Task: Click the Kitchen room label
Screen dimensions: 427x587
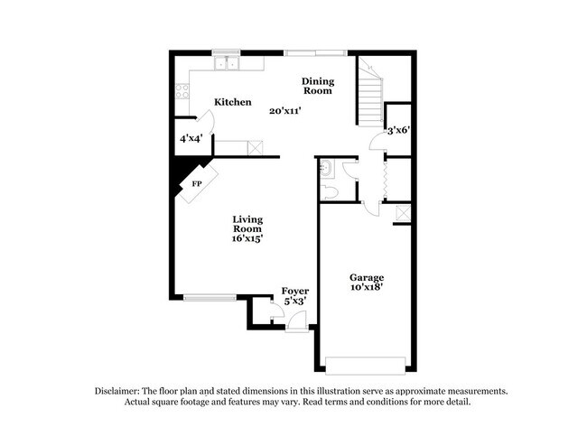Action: pyautogui.click(x=232, y=102)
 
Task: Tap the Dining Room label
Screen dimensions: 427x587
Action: pyautogui.click(x=317, y=86)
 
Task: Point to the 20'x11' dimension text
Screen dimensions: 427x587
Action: pyautogui.click(x=284, y=111)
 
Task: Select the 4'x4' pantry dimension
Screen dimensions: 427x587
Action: pyautogui.click(x=191, y=139)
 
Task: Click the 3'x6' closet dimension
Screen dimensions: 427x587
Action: pyautogui.click(x=398, y=130)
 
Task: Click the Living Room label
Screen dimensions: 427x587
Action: pyautogui.click(x=247, y=225)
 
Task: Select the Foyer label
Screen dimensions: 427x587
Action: pyautogui.click(x=295, y=291)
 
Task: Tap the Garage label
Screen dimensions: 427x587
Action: pyautogui.click(x=368, y=277)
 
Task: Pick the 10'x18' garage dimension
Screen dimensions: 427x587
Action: pyautogui.click(x=368, y=288)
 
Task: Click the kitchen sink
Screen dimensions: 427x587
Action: pyautogui.click(x=226, y=64)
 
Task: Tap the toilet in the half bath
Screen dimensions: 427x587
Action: pyautogui.click(x=330, y=192)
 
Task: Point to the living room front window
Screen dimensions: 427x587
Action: pyautogui.click(x=210, y=296)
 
